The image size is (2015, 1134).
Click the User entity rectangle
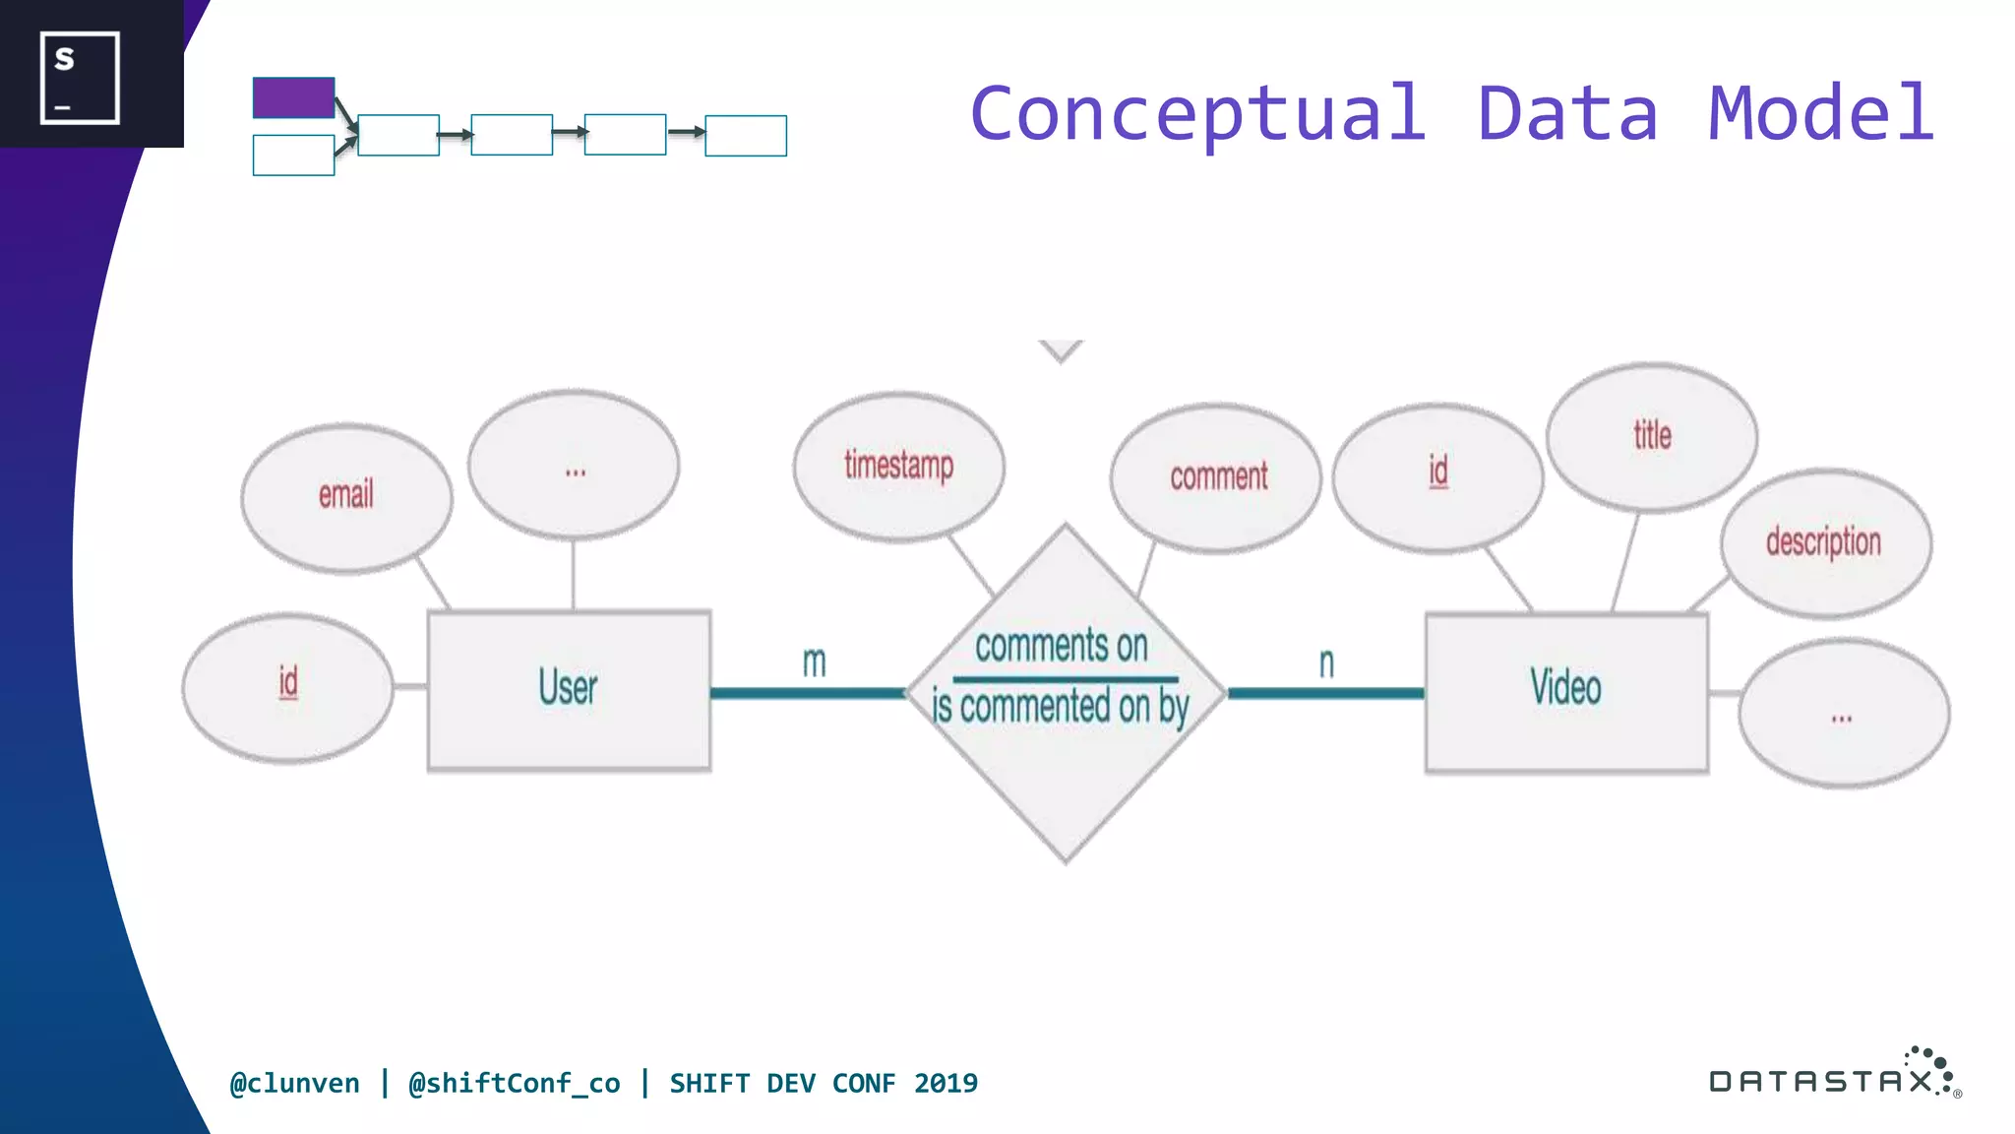tap(569, 689)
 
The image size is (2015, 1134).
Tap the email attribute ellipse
tap(346, 497)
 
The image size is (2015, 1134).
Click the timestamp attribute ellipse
tap(898, 467)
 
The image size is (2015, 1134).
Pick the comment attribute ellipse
tap(1217, 477)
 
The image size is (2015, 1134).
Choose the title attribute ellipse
tap(1652, 436)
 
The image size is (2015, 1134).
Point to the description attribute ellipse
tap(1825, 542)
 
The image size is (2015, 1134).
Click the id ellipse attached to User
tap(287, 686)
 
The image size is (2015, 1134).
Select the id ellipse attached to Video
tap(1437, 475)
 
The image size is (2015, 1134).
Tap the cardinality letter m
tap(814, 662)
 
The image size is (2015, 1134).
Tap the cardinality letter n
tap(1326, 663)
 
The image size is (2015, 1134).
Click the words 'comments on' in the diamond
tap(1062, 647)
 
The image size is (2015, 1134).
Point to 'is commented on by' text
tap(1061, 707)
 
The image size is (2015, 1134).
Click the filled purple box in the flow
tap(293, 97)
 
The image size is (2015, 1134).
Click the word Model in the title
tap(1821, 113)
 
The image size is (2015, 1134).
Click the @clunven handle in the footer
tap(294, 1083)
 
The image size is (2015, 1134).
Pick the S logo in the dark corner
tap(80, 77)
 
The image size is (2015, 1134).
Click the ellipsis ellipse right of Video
tap(1843, 713)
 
